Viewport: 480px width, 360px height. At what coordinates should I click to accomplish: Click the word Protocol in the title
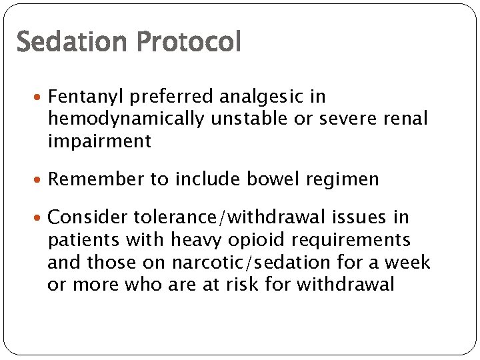pos(189,42)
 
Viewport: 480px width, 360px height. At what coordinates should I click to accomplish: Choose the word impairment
pos(99,141)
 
